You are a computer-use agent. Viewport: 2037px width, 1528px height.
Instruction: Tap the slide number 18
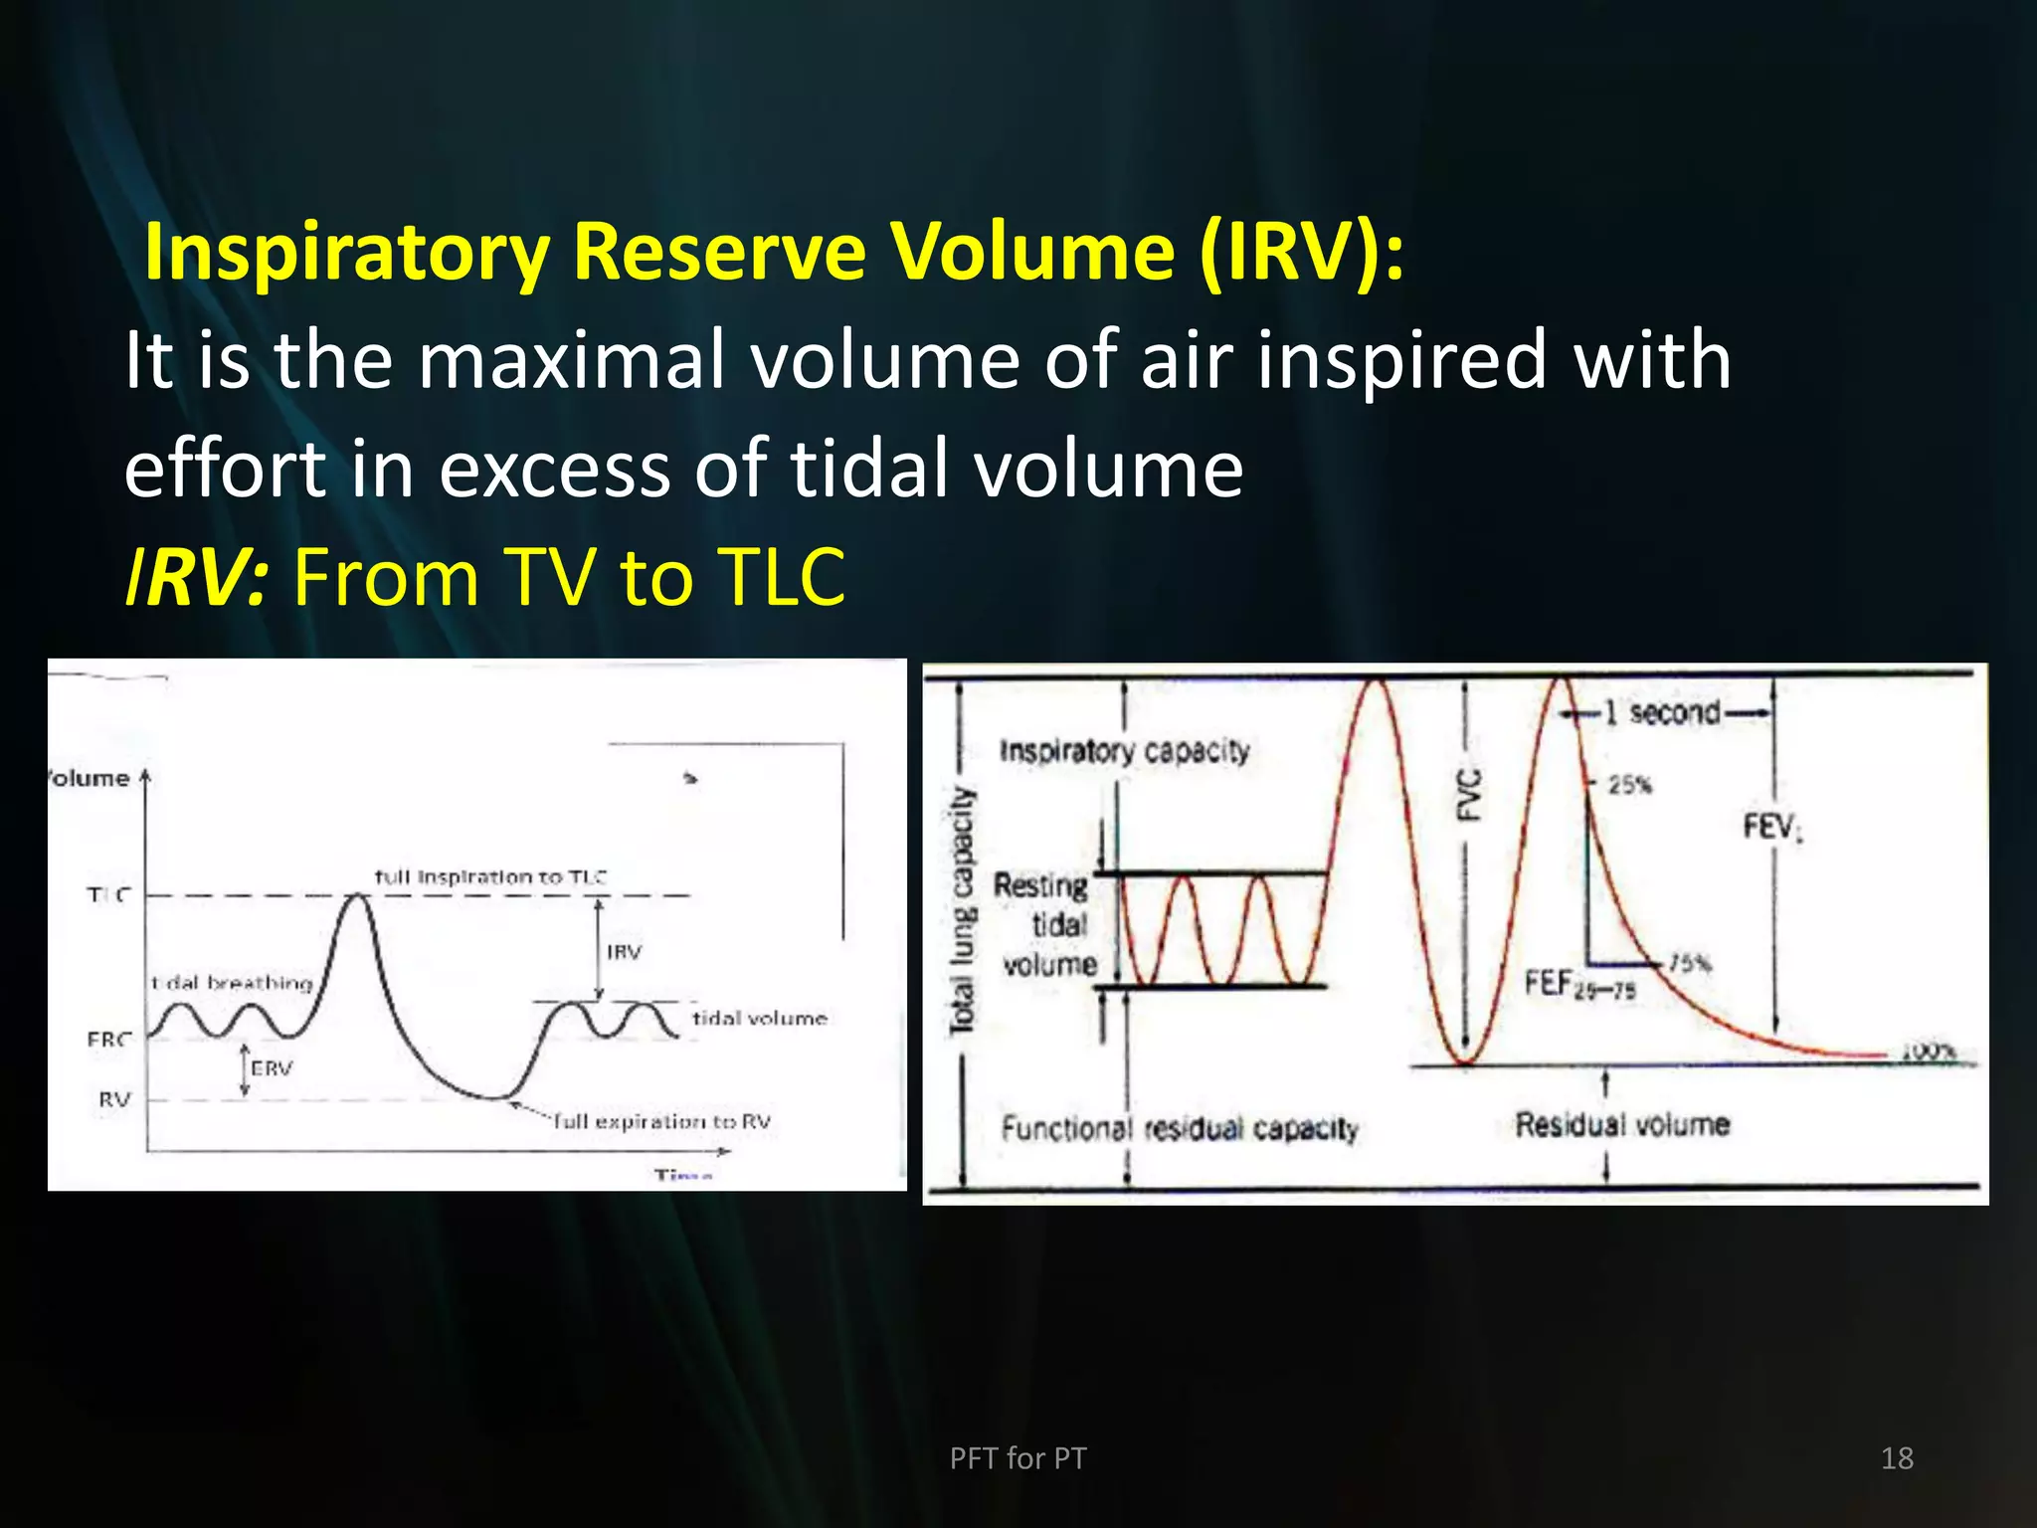[1897, 1458]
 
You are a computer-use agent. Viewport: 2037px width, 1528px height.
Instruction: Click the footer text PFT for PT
[1018, 1458]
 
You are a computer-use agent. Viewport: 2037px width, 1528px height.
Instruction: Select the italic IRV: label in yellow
[196, 577]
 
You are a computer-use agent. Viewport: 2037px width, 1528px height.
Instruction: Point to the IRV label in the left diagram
[625, 952]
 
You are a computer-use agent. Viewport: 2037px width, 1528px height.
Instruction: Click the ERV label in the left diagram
[272, 1068]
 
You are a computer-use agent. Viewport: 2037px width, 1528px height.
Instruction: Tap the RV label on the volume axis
[114, 1099]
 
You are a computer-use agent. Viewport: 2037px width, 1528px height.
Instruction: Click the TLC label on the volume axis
[108, 894]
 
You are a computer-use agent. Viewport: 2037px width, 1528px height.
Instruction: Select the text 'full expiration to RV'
[662, 1121]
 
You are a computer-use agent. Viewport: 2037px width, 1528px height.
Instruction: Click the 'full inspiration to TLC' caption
[490, 876]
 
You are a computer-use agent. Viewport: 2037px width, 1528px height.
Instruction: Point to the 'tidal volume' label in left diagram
[760, 1018]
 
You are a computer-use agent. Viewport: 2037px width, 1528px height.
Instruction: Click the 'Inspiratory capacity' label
[1124, 751]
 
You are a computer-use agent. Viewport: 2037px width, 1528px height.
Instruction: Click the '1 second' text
[1674, 712]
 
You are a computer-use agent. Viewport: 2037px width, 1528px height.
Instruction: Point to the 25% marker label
[1630, 785]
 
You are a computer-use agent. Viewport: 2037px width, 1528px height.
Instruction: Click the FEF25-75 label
[1580, 985]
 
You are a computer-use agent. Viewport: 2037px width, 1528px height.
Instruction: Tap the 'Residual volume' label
[1622, 1125]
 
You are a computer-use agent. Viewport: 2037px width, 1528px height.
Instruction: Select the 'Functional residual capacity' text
[1180, 1129]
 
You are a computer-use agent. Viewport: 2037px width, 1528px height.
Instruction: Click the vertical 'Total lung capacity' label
[962, 910]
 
